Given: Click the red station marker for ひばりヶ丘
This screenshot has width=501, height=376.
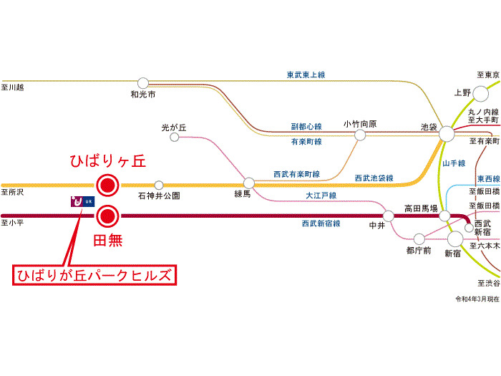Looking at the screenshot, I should point(107,185).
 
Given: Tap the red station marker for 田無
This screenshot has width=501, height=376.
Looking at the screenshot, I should point(107,215).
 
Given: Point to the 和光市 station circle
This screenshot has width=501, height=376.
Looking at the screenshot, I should point(143,83).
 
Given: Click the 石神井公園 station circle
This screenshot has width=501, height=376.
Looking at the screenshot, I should point(159,185).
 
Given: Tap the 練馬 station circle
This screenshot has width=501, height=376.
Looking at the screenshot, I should point(248,183).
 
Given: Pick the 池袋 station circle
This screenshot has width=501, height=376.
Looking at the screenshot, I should point(447,132).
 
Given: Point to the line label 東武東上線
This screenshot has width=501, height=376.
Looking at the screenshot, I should point(306,74).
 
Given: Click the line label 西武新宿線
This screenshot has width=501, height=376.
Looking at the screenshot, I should point(321,224).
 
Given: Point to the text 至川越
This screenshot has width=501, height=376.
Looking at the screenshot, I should point(13,87).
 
